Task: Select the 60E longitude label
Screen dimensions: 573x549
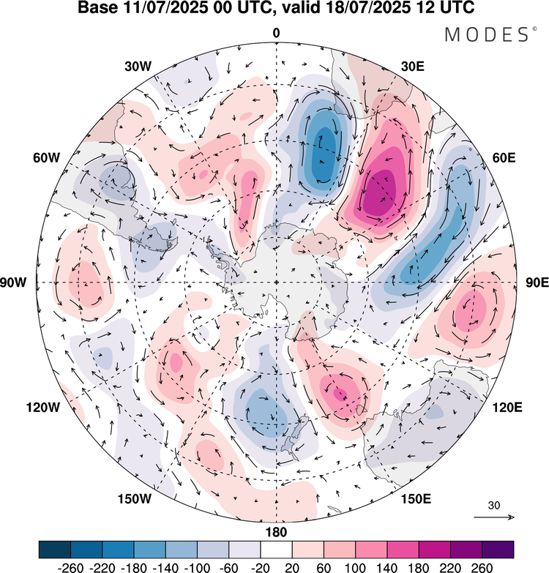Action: click(501, 157)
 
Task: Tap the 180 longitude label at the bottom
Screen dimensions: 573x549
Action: click(276, 531)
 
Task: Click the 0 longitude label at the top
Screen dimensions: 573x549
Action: click(276, 33)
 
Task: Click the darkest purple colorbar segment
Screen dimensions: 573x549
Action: click(498, 549)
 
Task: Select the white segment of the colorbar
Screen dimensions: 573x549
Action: click(276, 549)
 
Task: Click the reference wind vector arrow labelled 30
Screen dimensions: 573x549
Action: click(494, 517)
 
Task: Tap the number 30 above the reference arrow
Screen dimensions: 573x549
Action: click(495, 505)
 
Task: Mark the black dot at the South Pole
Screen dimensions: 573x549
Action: click(276, 282)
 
